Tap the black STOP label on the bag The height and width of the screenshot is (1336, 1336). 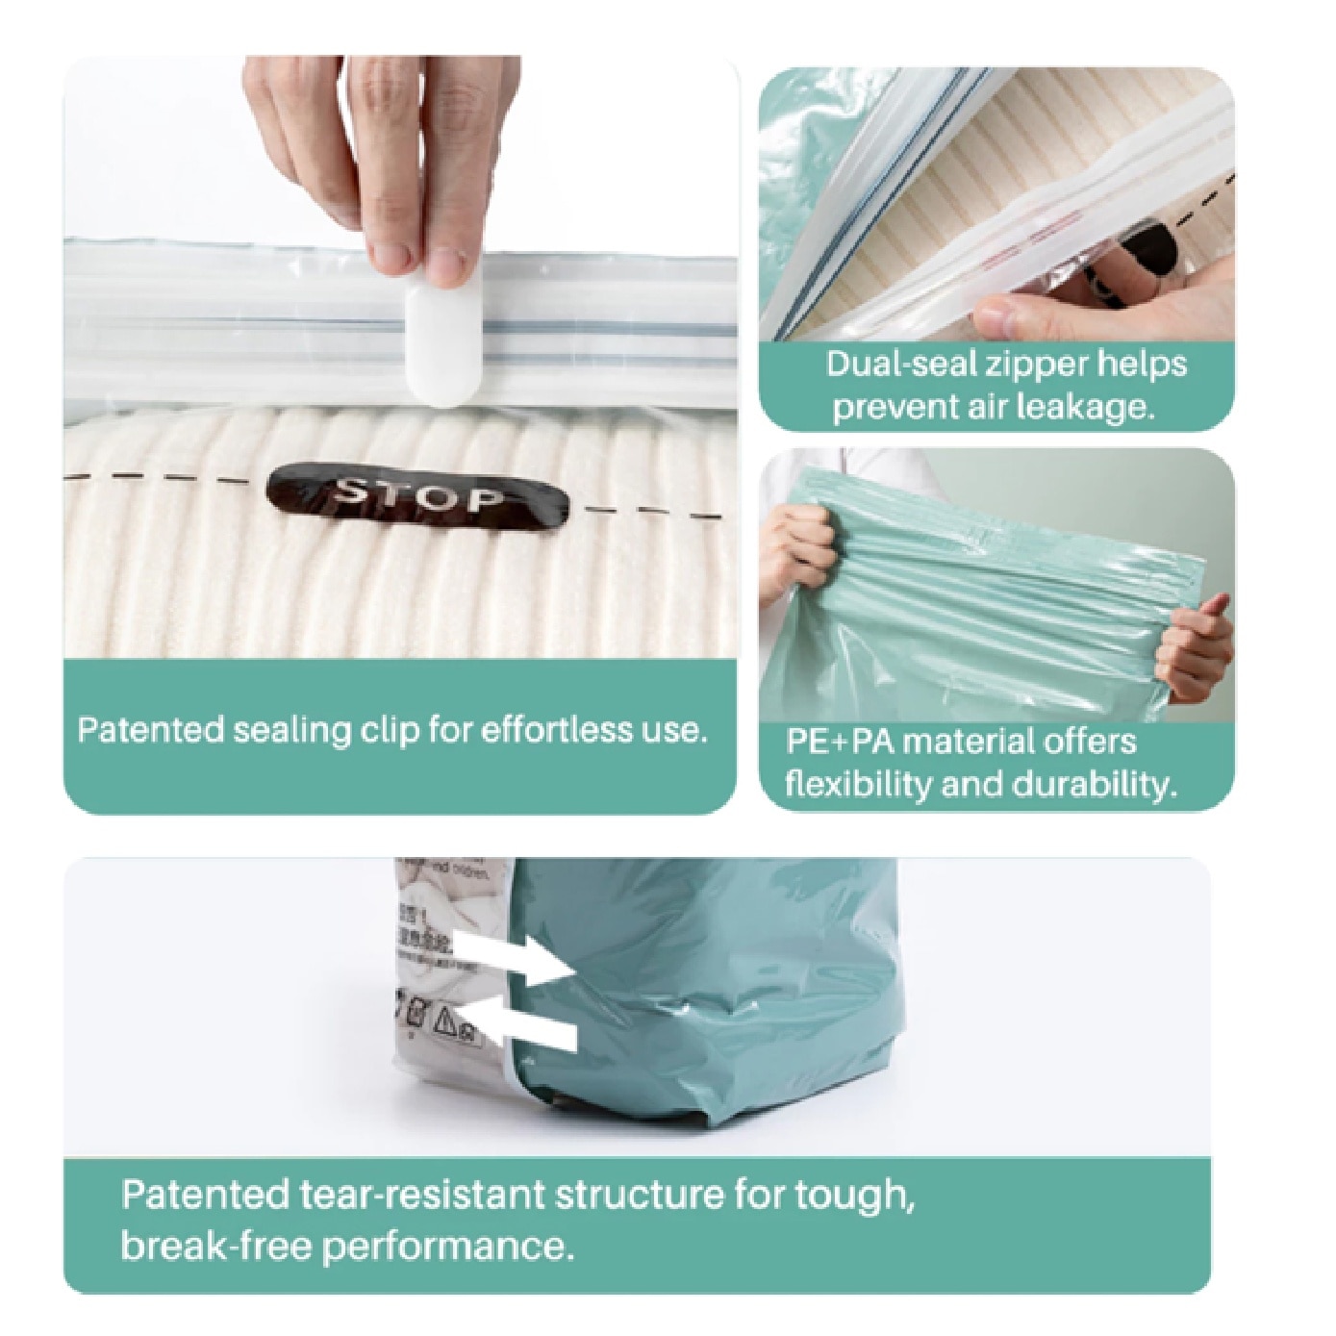[418, 497]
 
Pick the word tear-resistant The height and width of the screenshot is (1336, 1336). [420, 1195]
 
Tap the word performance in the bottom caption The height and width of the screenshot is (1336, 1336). [448, 1248]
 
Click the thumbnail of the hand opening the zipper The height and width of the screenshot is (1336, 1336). [996, 205]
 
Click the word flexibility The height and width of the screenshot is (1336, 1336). [859, 785]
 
